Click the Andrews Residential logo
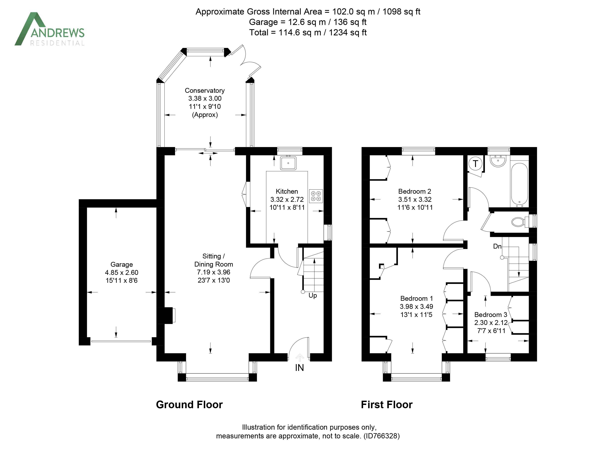click(x=49, y=29)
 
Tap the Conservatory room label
click(x=205, y=90)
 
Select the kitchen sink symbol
click(x=288, y=163)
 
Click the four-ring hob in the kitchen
click(x=316, y=196)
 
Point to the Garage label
click(x=122, y=264)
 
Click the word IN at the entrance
click(x=299, y=368)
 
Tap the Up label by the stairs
click(x=313, y=296)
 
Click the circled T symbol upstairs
click(x=475, y=164)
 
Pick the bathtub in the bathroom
click(x=519, y=185)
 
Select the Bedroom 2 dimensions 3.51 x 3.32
click(x=415, y=199)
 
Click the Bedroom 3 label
click(x=490, y=315)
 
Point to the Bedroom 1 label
click(x=416, y=298)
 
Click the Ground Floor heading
click(x=189, y=405)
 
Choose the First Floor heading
click(x=387, y=405)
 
